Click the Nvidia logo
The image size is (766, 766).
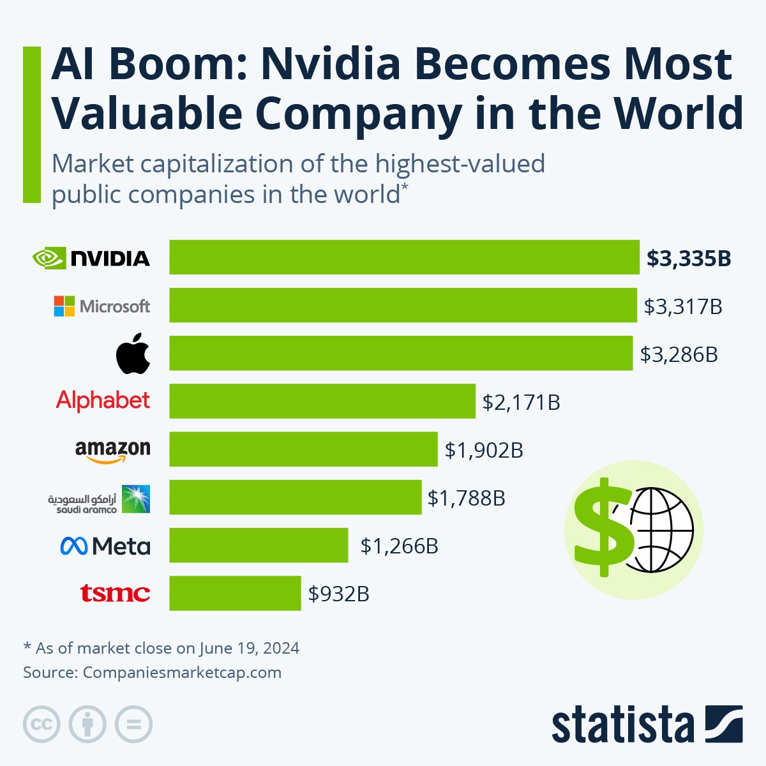point(91,258)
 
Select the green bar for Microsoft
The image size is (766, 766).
point(403,305)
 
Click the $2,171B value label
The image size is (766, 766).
point(521,402)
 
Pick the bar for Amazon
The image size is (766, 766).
point(303,449)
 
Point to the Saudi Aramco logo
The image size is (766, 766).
point(100,499)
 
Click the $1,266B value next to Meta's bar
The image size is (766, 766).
point(399,546)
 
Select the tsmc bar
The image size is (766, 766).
point(235,593)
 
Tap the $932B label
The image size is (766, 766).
point(338,594)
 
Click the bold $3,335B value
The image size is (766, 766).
point(688,258)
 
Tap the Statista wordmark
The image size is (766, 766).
point(622,725)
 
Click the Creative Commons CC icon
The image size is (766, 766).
point(41,725)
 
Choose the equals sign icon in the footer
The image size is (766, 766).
point(133,725)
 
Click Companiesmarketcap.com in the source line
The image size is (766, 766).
point(182,672)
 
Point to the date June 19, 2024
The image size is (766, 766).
point(249,648)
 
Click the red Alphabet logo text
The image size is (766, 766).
point(103,401)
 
